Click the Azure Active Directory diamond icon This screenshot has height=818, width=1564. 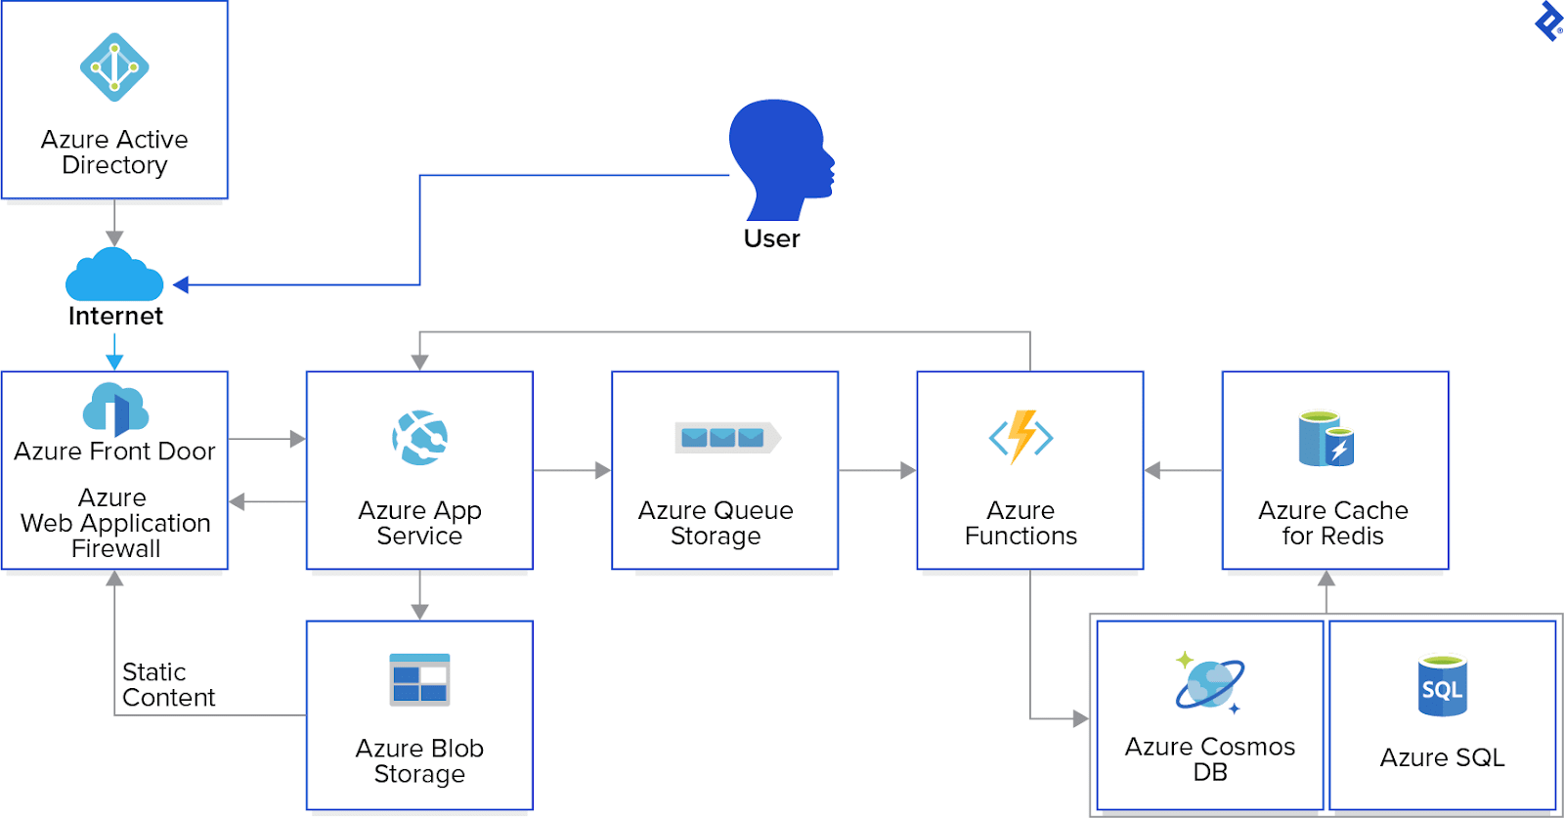[x=114, y=67]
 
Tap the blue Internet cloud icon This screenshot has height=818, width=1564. [x=114, y=276]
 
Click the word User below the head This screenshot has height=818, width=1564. [x=771, y=238]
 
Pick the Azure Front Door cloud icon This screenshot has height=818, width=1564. [x=115, y=409]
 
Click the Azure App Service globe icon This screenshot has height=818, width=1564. [x=420, y=438]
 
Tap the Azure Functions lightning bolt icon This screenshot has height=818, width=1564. [x=1021, y=436]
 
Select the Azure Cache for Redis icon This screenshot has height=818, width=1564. [x=1325, y=439]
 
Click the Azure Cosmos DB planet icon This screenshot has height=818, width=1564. [x=1209, y=682]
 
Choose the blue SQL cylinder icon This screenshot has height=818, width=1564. [x=1442, y=686]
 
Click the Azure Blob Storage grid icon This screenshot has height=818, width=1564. [x=419, y=679]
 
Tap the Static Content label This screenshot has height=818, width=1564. [x=167, y=685]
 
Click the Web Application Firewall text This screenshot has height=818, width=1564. [x=114, y=524]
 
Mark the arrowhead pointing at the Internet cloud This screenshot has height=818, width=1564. [x=181, y=285]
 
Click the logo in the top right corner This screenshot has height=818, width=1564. [x=1548, y=22]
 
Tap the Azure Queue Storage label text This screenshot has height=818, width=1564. [x=716, y=523]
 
